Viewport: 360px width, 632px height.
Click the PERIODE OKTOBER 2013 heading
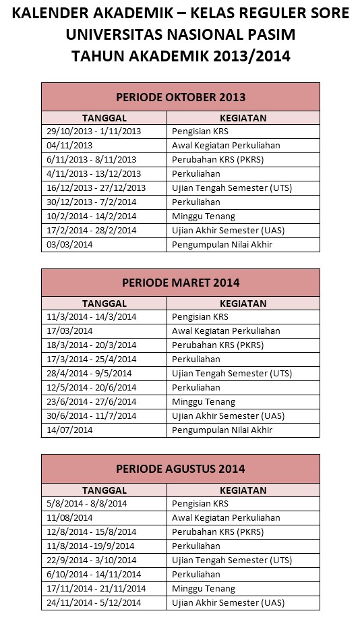click(180, 97)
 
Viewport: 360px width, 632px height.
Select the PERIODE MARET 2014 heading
click(180, 283)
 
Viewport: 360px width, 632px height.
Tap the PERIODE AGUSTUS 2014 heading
click(180, 468)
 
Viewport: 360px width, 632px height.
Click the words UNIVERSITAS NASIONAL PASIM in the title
click(180, 34)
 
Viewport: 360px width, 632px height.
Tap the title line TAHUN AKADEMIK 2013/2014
click(180, 56)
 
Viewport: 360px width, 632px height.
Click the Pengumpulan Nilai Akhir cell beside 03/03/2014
click(222, 244)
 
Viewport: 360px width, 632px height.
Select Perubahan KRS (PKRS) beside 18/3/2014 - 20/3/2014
click(218, 345)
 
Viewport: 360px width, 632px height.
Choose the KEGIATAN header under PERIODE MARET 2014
click(243, 304)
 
